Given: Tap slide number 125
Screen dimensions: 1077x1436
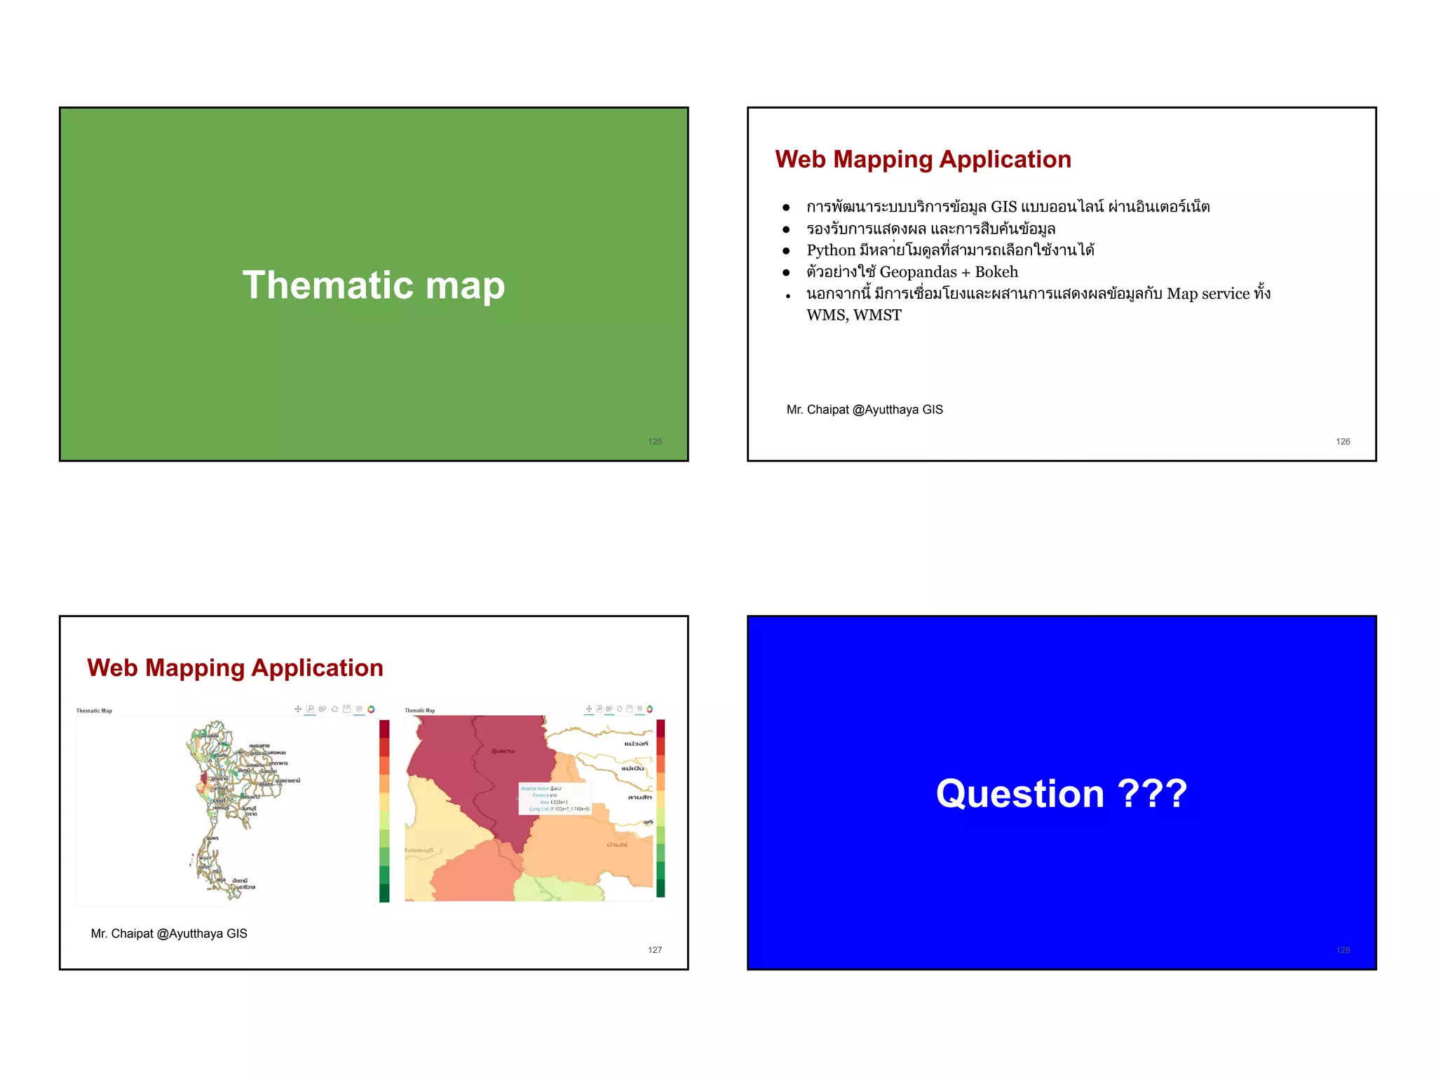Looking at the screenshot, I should (x=655, y=442).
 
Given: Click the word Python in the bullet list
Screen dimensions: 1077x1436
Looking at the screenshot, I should (x=831, y=250).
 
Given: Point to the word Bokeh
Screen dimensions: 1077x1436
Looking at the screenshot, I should (x=996, y=272).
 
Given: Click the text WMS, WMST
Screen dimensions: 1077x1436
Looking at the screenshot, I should (x=853, y=316).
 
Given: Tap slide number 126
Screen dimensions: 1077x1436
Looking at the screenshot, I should (x=1343, y=442).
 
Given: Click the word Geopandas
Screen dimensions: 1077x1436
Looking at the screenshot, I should (x=918, y=272).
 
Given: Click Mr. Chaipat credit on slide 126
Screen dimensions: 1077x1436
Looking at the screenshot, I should (x=865, y=409).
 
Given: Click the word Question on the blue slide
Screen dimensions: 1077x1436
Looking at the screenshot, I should (x=1020, y=794).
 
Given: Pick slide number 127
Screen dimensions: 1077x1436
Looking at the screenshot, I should (x=655, y=950).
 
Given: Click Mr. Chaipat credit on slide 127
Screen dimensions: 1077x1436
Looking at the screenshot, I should (x=169, y=933).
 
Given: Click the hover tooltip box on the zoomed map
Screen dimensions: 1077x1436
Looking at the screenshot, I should (x=555, y=799).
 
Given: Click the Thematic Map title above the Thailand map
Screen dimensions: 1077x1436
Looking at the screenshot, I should (x=94, y=711).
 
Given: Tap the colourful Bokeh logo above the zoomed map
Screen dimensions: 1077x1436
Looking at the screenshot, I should (x=650, y=709).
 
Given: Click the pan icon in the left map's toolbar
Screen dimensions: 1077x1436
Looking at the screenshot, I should (x=298, y=709).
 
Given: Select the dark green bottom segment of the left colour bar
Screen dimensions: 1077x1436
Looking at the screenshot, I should (x=384, y=893).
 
